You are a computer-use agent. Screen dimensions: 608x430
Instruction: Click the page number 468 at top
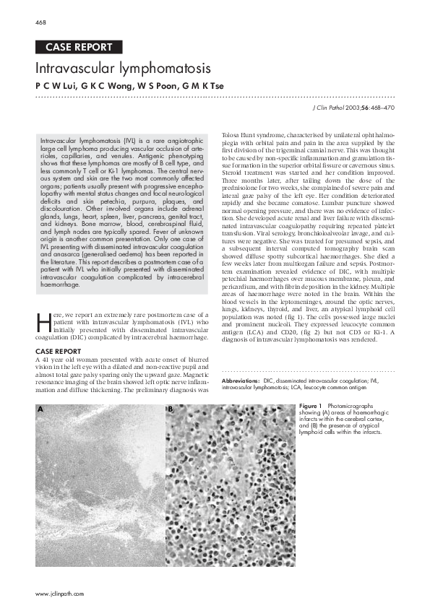click(x=40, y=22)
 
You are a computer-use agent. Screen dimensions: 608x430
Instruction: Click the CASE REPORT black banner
click(x=79, y=48)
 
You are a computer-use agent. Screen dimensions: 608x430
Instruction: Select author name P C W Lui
click(x=54, y=85)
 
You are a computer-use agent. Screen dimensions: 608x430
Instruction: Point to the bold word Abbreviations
click(x=241, y=379)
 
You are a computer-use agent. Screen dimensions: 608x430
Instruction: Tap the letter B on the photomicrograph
click(x=171, y=409)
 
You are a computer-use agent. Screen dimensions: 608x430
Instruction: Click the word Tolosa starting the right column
click(x=231, y=135)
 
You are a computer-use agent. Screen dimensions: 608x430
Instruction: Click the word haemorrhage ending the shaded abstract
click(x=62, y=305)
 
